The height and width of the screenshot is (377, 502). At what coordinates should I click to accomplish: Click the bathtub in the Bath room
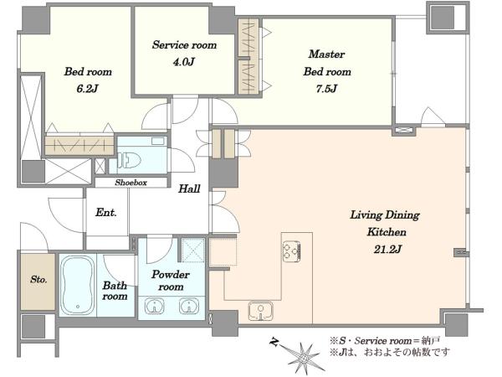pos(78,285)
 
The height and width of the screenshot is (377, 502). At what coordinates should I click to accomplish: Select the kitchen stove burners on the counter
pos(291,250)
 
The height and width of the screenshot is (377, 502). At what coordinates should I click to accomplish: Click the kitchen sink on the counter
pos(260,311)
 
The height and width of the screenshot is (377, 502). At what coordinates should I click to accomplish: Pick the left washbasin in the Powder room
pos(154,306)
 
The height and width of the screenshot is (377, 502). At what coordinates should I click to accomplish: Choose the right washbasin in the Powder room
pos(189,306)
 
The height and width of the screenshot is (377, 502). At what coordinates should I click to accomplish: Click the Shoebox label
pos(131,183)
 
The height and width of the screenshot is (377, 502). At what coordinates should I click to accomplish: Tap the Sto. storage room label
pos(38,279)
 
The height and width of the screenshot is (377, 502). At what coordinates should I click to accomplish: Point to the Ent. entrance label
pos(106,212)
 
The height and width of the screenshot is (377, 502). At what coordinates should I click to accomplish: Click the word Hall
pos(189,188)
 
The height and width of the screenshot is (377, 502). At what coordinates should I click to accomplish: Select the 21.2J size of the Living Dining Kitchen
pos(387,249)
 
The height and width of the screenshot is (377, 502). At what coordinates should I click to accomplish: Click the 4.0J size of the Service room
pos(184,61)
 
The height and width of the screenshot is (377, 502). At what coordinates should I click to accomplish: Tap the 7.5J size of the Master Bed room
pos(326,89)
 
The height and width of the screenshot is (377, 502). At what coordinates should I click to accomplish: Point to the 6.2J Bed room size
pos(87,88)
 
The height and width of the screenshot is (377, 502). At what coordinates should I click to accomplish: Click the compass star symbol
pos(303,357)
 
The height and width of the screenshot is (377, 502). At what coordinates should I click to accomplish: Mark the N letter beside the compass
pos(274,342)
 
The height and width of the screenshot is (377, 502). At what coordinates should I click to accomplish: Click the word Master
pos(326,54)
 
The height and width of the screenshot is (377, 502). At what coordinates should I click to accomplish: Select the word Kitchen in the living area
pos(387,231)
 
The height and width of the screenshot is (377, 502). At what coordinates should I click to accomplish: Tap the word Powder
pos(171,275)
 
